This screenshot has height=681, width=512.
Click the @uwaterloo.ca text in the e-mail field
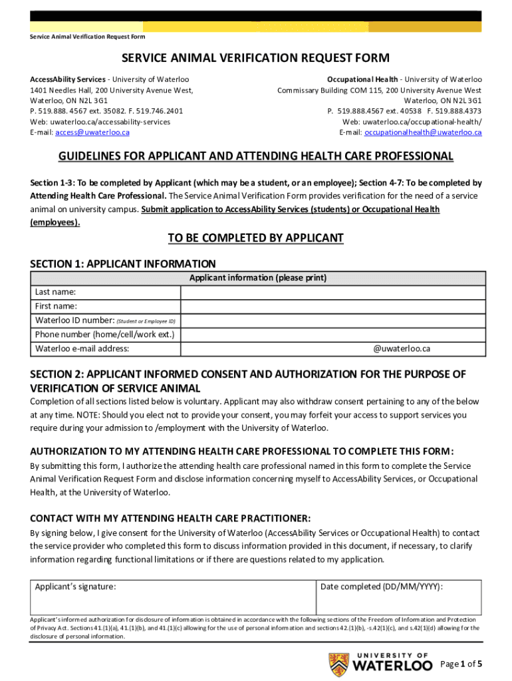(x=402, y=348)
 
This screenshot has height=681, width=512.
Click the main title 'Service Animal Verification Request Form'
(x=256, y=59)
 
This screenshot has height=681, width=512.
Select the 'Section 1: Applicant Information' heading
(x=122, y=263)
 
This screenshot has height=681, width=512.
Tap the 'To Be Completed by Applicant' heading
(x=256, y=238)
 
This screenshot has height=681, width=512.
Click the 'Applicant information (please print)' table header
(x=257, y=278)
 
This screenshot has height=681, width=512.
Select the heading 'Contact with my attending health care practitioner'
(x=170, y=518)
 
